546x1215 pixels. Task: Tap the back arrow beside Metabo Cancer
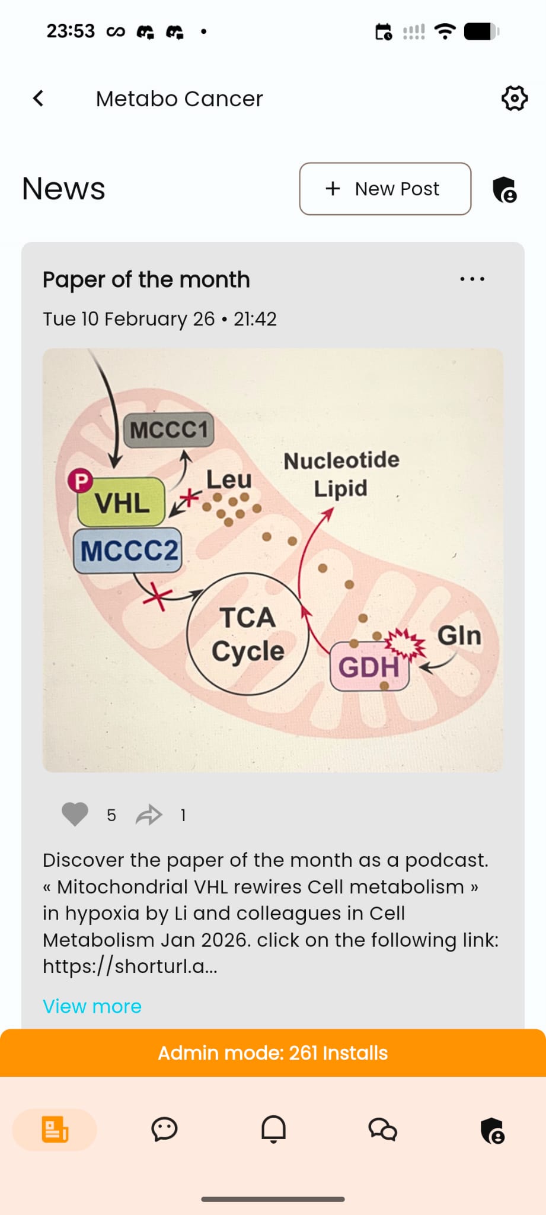point(39,98)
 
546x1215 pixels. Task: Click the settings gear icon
point(514,98)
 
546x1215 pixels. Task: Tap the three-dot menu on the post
point(472,279)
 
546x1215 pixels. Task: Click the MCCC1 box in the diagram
point(169,430)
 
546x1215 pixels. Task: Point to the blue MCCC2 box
point(128,551)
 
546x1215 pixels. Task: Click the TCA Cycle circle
point(248,634)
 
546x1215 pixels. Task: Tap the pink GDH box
point(369,667)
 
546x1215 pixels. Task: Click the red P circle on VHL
point(81,481)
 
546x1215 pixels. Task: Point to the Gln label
point(459,635)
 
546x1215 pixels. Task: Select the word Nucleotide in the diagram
point(341,460)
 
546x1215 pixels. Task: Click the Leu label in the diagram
point(229,479)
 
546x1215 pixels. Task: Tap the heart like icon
point(75,815)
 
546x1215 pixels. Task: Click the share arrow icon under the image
point(149,815)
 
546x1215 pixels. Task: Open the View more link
point(92,1006)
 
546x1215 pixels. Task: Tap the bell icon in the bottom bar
point(273,1130)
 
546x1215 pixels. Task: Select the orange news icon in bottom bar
point(55,1130)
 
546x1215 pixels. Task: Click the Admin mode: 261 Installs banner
point(273,1053)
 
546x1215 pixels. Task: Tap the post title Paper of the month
point(146,279)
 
